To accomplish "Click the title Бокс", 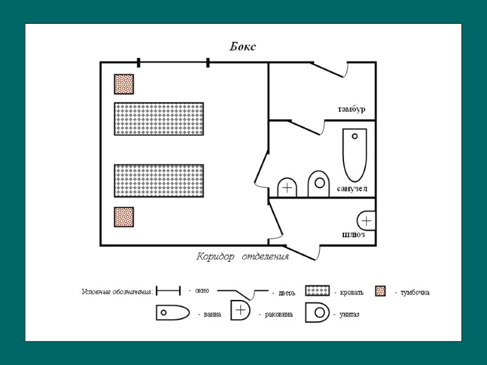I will (243, 47).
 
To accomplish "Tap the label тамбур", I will (351, 109).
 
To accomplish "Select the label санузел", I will (352, 189).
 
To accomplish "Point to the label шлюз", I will (353, 235).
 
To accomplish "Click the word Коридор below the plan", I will (215, 257).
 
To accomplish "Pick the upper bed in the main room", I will (159, 119).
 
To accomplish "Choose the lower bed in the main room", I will (159, 180).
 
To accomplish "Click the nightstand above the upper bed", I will (124, 84).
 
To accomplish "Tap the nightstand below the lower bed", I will (124, 217).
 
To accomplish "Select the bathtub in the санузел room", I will (355, 154).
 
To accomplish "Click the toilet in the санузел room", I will (318, 185).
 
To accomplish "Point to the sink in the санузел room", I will (287, 187).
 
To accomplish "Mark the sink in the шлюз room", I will (366, 220).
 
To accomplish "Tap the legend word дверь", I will (287, 293).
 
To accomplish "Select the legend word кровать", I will (351, 293).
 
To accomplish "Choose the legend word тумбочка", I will (415, 293).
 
